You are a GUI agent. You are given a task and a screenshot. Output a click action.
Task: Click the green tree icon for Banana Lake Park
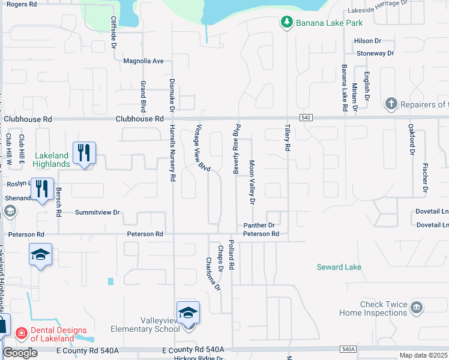coord(287,23)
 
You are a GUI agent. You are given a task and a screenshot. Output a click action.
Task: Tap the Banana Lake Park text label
coord(328,23)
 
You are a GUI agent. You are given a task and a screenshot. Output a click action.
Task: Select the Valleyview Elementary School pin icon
coord(188,313)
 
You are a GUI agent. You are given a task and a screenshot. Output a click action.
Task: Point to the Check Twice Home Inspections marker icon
coord(417,308)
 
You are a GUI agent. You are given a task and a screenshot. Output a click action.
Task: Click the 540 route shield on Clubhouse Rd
coord(307,119)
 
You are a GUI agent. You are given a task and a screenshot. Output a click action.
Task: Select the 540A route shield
coord(348,349)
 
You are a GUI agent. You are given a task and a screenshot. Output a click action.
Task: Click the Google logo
coord(20,353)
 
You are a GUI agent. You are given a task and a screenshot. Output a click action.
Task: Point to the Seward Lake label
coord(339,267)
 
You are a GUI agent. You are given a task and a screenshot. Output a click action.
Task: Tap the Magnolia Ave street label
coord(143,61)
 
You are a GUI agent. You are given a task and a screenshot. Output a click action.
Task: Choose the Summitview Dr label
coord(98,212)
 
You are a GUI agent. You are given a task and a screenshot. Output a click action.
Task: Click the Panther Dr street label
coord(259,226)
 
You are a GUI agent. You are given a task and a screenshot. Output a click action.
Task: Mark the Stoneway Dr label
coord(375,53)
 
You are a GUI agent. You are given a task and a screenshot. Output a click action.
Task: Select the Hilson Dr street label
coord(368,41)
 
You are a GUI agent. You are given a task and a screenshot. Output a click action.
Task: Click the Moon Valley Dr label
coord(252,181)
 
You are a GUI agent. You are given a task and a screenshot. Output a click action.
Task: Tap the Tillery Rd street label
coord(288,137)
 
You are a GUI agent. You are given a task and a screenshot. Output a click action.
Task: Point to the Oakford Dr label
coord(412,139)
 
